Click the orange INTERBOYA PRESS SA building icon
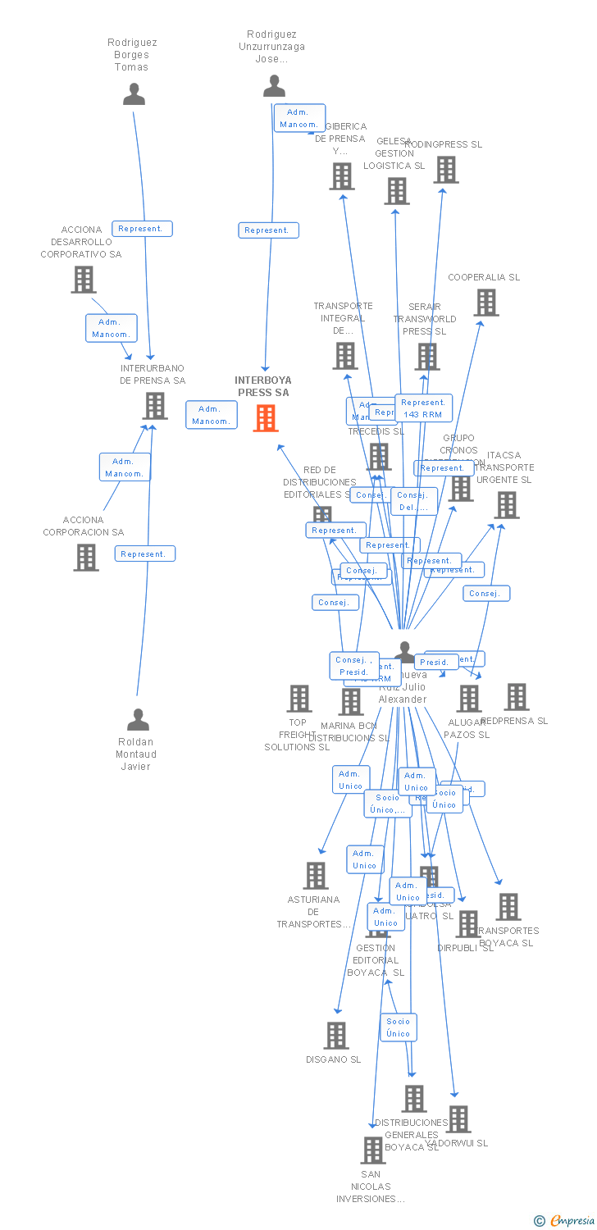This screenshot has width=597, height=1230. pyautogui.click(x=265, y=418)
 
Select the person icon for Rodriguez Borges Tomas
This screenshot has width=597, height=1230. pyautogui.click(x=134, y=94)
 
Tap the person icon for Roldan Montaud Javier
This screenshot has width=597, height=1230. pyautogui.click(x=138, y=719)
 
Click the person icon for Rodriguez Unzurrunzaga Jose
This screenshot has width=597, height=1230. pyautogui.click(x=274, y=85)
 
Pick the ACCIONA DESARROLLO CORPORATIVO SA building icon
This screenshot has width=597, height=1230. pyautogui.click(x=83, y=280)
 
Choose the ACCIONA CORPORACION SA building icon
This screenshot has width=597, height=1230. pyautogui.click(x=86, y=557)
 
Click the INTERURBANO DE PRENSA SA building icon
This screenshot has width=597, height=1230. pyautogui.click(x=154, y=405)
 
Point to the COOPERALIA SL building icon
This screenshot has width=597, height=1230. pyautogui.click(x=485, y=303)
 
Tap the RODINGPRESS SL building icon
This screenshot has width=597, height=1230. pyautogui.click(x=445, y=170)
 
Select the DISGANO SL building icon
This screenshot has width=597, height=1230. pyautogui.click(x=335, y=1036)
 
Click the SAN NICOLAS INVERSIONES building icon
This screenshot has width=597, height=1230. pyautogui.click(x=372, y=1150)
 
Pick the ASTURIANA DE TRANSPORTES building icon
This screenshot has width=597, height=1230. pyautogui.click(x=316, y=876)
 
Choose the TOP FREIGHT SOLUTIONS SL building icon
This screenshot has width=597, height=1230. pyautogui.click(x=299, y=699)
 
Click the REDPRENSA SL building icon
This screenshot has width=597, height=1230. pyautogui.click(x=516, y=697)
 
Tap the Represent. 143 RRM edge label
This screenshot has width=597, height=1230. pyautogui.click(x=423, y=408)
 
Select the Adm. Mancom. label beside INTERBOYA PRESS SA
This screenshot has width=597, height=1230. pyautogui.click(x=211, y=415)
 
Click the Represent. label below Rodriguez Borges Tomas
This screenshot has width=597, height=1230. pyautogui.click(x=144, y=229)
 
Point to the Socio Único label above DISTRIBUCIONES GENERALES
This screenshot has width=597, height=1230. pyautogui.click(x=399, y=1027)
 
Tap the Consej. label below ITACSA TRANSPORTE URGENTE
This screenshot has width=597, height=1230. pyautogui.click(x=485, y=594)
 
